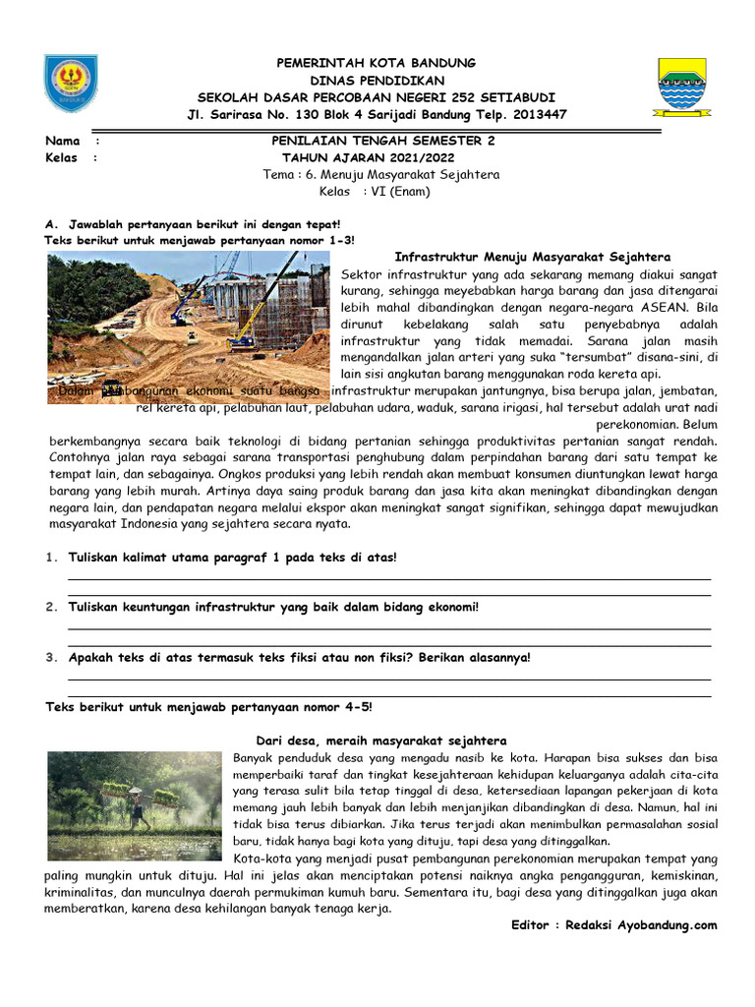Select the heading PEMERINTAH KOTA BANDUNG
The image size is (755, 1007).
point(377,63)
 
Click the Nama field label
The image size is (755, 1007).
point(63,141)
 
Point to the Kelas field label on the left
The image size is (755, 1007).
point(62,157)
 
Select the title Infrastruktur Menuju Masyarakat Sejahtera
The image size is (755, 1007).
point(532,257)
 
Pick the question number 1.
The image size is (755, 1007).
point(50,558)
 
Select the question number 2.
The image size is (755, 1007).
point(50,607)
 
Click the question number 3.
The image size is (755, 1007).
point(50,657)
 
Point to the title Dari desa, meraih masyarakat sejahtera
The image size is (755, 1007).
point(381,740)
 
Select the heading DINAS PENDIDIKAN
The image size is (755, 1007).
point(377,80)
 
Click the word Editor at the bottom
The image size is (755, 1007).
point(536,925)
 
